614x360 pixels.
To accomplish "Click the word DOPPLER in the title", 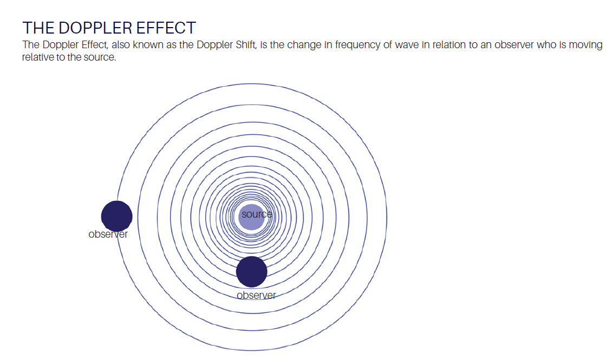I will (89, 28).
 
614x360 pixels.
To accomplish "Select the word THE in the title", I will (38, 28).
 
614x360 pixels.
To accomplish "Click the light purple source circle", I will (252, 217).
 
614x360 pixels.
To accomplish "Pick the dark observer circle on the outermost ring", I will (116, 216).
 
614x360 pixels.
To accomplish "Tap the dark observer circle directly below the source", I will (252, 272).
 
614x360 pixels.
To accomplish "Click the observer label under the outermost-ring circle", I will (108, 234).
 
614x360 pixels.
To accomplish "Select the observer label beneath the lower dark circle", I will (256, 296).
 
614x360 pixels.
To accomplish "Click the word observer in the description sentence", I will (513, 45).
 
